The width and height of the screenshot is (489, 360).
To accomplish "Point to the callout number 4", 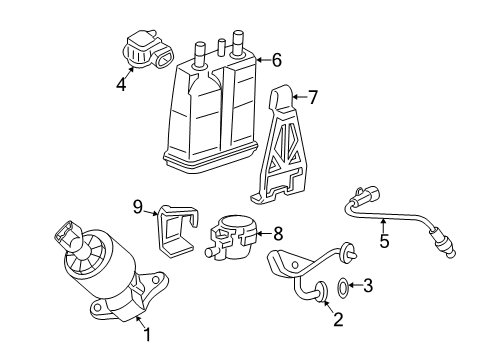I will (121, 85).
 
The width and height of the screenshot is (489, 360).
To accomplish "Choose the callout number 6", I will (277, 60).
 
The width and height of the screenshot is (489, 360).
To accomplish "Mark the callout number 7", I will (313, 98).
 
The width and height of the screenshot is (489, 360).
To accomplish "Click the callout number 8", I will (277, 233).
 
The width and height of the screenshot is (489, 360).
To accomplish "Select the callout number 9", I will (138, 207).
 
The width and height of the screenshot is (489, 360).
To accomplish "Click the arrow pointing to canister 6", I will (262, 61).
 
